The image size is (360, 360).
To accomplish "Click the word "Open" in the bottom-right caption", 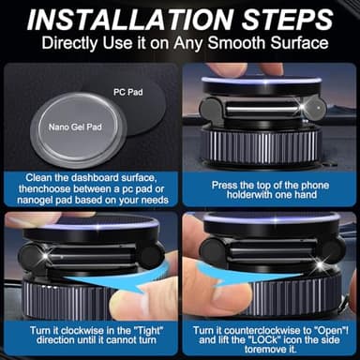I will click(x=323, y=331).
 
